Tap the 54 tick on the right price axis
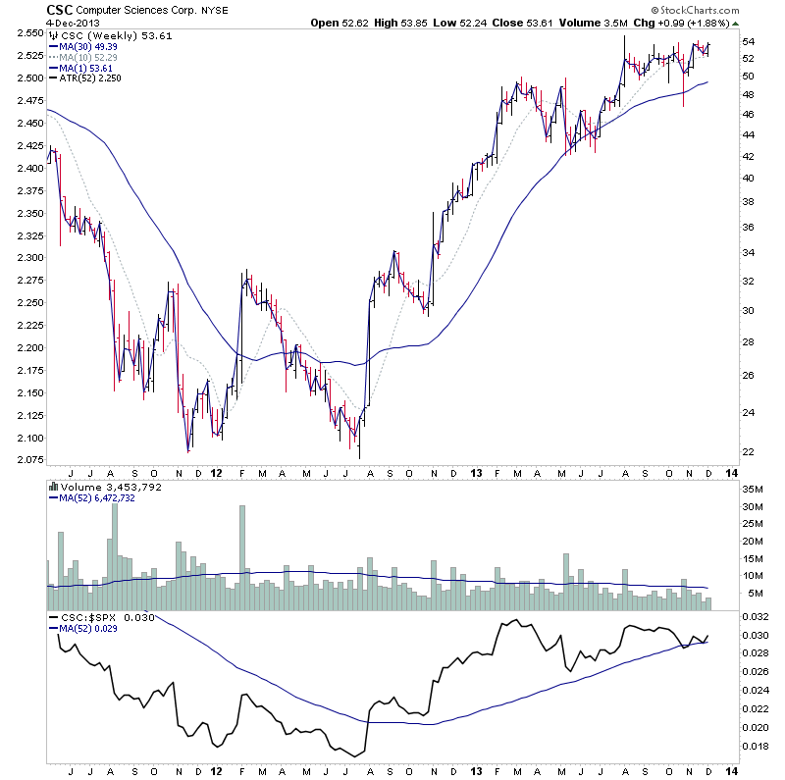pyautogui.click(x=748, y=41)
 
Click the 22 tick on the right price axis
pyautogui.click(x=748, y=452)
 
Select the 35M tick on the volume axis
pyautogui.click(x=754, y=489)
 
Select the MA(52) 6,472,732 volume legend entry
pyautogui.click(x=98, y=498)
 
